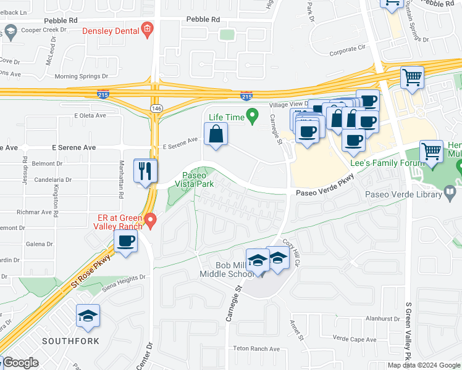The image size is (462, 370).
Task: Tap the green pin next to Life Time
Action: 252,115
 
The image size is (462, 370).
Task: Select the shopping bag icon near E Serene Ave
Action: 216,134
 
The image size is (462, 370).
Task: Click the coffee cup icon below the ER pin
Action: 126,241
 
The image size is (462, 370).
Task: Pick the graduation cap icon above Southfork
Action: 88,316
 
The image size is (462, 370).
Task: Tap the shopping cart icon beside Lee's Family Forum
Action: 431,152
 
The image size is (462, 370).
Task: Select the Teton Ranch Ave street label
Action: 256,348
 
